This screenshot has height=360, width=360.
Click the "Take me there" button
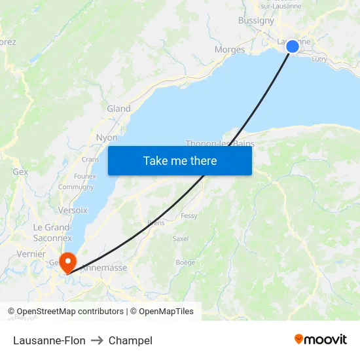tap(180, 160)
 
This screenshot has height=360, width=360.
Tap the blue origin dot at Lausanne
tap(293, 46)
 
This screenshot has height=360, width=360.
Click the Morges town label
tap(230, 50)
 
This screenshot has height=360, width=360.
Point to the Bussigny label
tap(256, 20)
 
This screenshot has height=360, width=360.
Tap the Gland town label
tap(118, 109)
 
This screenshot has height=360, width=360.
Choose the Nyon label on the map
tap(107, 137)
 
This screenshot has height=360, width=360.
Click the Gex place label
tap(20, 171)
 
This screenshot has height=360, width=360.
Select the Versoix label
tap(73, 210)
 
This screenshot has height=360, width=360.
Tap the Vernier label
tap(31, 254)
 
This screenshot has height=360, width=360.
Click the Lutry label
tap(319, 59)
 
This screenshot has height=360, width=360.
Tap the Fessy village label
tap(189, 215)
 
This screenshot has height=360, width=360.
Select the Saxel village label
tap(180, 239)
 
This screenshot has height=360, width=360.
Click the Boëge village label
tap(185, 262)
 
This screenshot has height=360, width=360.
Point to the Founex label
tap(85, 176)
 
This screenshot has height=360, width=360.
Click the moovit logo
tap(320, 340)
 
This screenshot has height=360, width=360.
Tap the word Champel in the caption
tap(130, 340)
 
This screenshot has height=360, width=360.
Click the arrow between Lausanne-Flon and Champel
tap(97, 340)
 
